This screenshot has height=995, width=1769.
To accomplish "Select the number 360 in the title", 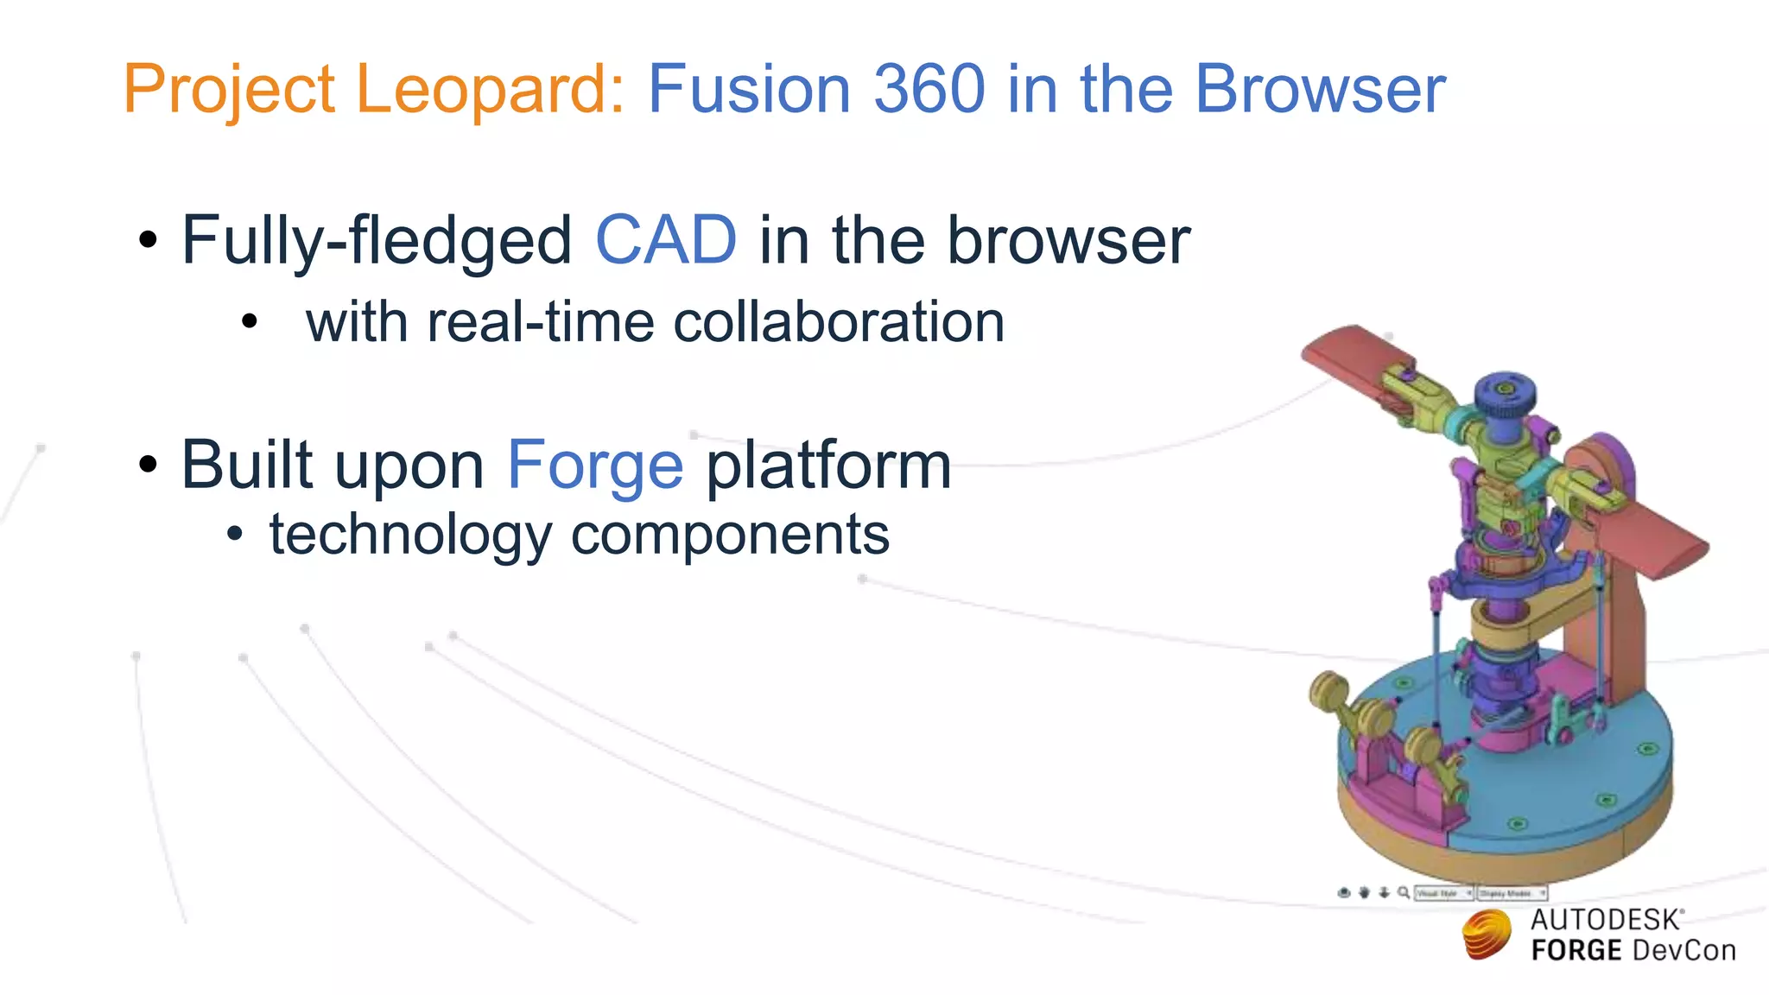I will pos(929,89).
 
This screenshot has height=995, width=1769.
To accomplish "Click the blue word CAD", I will pos(666,240).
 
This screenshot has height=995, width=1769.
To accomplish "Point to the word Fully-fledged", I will pos(377,242).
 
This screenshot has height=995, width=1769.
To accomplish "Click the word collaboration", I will pos(839,322).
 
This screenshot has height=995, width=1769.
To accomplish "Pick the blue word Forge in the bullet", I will pos(595,466).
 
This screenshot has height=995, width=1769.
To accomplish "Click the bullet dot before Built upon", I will pos(149,465).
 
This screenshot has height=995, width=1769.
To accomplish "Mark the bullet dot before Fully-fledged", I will pos(149,239).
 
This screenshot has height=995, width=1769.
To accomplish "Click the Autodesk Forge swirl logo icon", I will pos(1487,935).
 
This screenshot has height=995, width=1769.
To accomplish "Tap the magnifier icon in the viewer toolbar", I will pos(1404,892).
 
